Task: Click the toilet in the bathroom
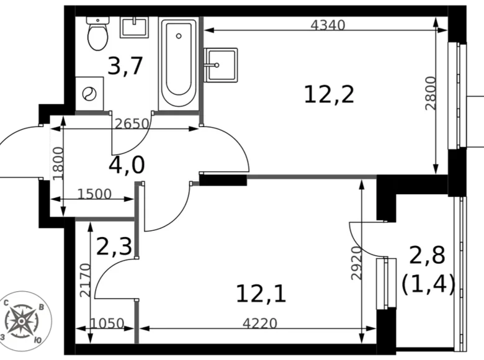pyautogui.click(x=97, y=35)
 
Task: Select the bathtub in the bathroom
pyautogui.click(x=179, y=64)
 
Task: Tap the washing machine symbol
pyautogui.click(x=89, y=94)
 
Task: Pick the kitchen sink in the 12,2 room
pyautogui.click(x=220, y=64)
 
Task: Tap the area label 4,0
pyautogui.click(x=126, y=165)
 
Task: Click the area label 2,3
pyautogui.click(x=114, y=246)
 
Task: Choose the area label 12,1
pyautogui.click(x=261, y=293)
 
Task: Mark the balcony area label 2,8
pyautogui.click(x=428, y=256)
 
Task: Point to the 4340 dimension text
pyautogui.click(x=327, y=25)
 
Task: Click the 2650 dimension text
pyautogui.click(x=132, y=123)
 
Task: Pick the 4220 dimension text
pyautogui.click(x=259, y=323)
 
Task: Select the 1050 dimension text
pyautogui.click(x=107, y=323)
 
